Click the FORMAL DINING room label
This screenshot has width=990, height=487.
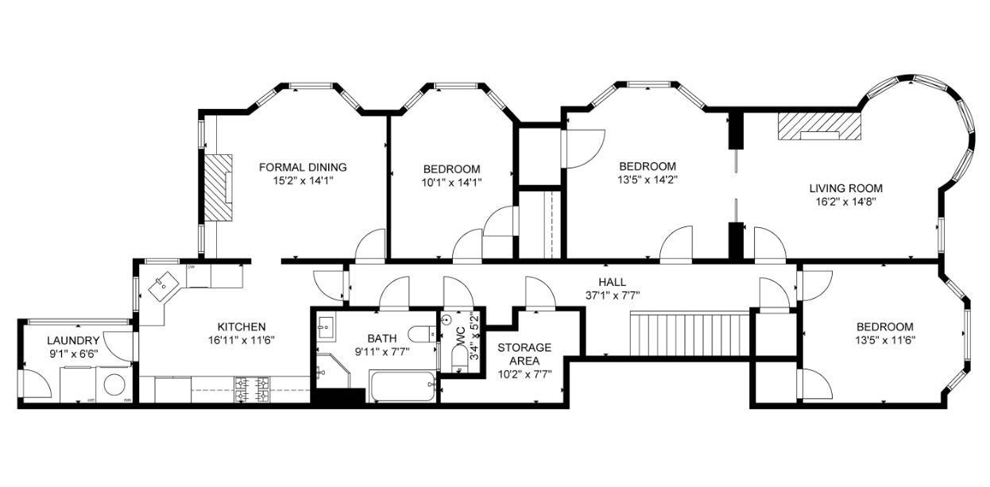pos(303,167)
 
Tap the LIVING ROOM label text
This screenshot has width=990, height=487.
pos(845,188)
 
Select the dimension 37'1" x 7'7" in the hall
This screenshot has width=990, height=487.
pos(612,295)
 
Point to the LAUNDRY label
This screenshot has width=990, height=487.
pos(72,340)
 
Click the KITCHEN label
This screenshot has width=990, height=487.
pos(242,327)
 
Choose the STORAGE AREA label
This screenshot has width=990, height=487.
pos(524,354)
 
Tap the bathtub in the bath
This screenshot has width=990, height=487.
pos(403,386)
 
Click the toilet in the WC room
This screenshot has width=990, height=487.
pos(460,359)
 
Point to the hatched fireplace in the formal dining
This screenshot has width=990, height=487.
pos(217,187)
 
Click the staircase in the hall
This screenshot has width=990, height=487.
pos(689,333)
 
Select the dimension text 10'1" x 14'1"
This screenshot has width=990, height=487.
pos(451,181)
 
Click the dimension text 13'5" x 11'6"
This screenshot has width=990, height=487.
pos(884,340)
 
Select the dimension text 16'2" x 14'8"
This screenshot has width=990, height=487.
pos(845,202)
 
